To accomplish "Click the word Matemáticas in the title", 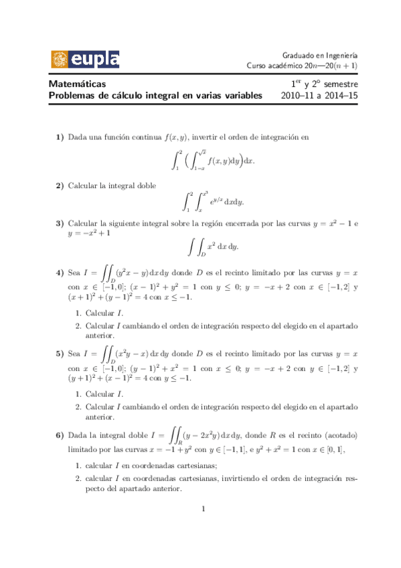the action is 77,84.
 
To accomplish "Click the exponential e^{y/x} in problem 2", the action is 216,200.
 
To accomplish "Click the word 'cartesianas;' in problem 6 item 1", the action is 199,466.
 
